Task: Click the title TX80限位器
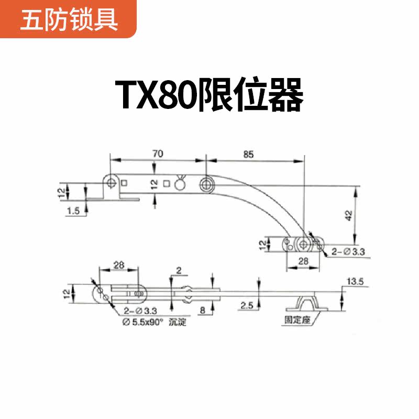(210, 95)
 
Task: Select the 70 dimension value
(158, 153)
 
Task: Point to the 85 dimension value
(248, 154)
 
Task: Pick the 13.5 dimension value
(355, 282)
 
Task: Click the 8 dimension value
(203, 310)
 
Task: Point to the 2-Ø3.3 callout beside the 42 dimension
(347, 252)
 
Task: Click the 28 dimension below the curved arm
(302, 261)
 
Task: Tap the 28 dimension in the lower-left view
(119, 266)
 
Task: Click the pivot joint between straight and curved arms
(206, 183)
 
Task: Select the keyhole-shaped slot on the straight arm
(181, 183)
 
